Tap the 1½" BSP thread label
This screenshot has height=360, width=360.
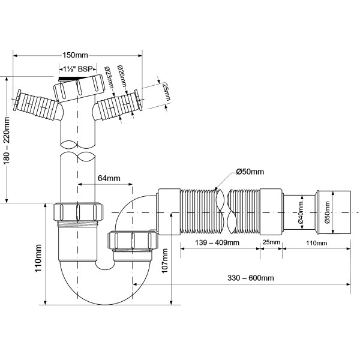click(77, 68)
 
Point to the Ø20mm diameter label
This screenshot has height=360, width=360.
click(122, 76)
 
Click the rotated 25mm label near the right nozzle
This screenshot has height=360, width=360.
click(166, 92)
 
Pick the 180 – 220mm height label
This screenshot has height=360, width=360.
click(7, 141)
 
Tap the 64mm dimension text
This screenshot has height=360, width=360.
click(109, 178)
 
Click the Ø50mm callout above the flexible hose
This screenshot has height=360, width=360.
click(250, 172)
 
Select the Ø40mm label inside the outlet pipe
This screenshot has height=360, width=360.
click(301, 212)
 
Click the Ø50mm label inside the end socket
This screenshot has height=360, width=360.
click(327, 212)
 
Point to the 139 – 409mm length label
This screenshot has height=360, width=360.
click(217, 242)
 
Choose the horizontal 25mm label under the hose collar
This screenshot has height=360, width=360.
click(271, 242)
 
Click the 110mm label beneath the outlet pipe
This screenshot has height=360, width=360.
click(316, 243)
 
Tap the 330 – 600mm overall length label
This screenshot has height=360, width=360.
click(251, 278)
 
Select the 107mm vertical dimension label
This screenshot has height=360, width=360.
click(165, 261)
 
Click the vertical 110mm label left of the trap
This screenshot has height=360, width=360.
click(38, 258)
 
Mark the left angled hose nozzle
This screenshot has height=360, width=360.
click(37, 104)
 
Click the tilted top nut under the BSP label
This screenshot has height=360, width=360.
click(79, 88)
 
